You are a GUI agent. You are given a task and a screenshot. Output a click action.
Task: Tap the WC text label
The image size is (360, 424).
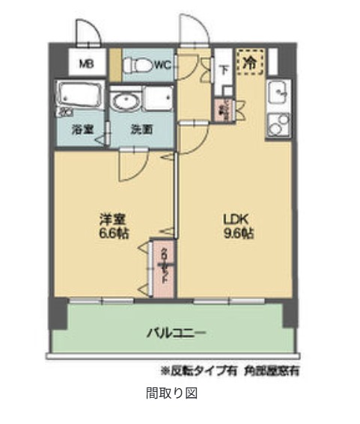click(163, 65)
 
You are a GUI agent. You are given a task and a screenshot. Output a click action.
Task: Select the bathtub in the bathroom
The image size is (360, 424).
click(80, 98)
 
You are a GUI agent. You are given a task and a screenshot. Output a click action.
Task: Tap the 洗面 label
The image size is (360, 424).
click(142, 129)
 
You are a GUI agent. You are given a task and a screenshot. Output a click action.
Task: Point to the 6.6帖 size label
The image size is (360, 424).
click(112, 233)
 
